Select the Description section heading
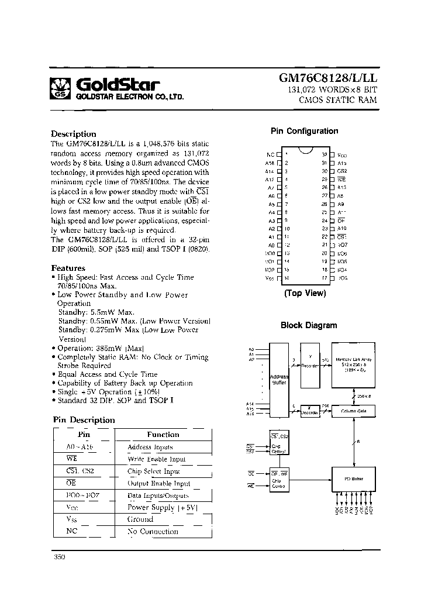(x=73, y=134)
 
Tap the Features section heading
(x=68, y=268)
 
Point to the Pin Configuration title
(x=304, y=132)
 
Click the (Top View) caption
(x=305, y=293)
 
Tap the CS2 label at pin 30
(x=342, y=171)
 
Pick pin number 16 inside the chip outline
(x=287, y=278)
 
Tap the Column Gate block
(x=353, y=411)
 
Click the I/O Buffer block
(x=354, y=479)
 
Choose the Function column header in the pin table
(x=163, y=435)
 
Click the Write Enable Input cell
(x=157, y=459)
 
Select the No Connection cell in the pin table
(x=153, y=532)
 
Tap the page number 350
(x=59, y=557)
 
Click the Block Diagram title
(x=308, y=325)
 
